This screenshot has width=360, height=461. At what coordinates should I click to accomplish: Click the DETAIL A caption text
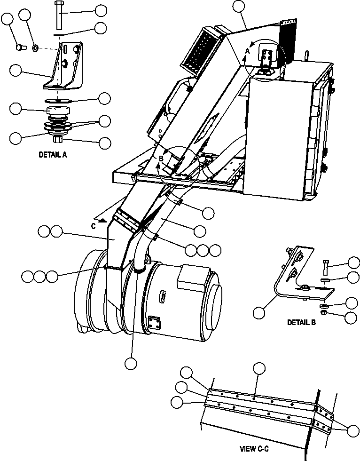pos(52,154)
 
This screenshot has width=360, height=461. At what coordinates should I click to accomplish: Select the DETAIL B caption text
pos(301,323)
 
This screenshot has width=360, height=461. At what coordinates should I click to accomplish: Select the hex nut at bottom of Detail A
pos(58,139)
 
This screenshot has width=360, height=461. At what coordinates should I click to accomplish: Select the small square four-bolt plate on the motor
pos(153,322)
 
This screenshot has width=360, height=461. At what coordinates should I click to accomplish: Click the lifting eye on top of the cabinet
pos(307,56)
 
